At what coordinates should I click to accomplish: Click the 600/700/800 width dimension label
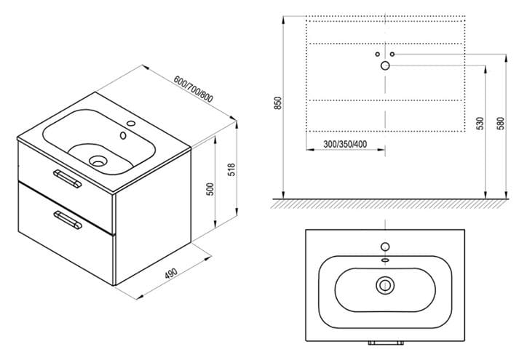coord(193,89)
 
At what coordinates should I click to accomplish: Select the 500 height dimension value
coord(210,189)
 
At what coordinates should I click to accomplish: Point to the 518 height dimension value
coord(232,169)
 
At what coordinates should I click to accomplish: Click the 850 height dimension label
coord(277,103)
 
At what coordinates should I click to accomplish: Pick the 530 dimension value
coord(480,123)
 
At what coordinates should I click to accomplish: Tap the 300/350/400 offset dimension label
coord(345,144)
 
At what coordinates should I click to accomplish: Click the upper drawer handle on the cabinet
coord(67,178)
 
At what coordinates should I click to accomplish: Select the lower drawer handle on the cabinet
coord(68,220)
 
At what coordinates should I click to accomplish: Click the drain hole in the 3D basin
coord(98,161)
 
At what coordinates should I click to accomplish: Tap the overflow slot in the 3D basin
coord(123,135)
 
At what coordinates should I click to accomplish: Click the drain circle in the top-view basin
coord(385,285)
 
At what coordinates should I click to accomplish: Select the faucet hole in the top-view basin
coord(385,247)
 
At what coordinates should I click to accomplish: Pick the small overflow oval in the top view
coord(385,260)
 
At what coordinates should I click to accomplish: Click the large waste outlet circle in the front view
coord(385,66)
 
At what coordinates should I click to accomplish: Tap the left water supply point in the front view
coord(378,54)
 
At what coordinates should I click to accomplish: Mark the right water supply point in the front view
coord(392,54)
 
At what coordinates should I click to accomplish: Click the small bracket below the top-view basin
coord(386,343)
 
